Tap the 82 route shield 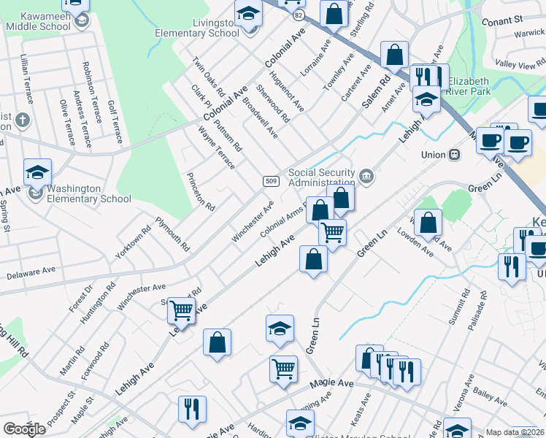pos(296,15)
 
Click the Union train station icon pos(454,155)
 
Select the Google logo pos(24,429)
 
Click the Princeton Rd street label pos(200,192)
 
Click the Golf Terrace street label pos(115,122)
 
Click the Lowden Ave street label pos(415,245)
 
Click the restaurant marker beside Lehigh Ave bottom pos(192,408)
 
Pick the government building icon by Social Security pos(366,176)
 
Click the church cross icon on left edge pos(23,119)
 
